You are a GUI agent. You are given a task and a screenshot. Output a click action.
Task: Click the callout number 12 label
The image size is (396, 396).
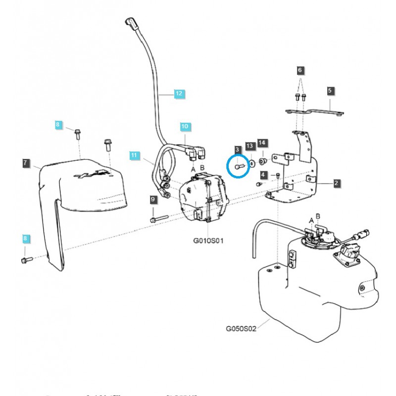[179, 93]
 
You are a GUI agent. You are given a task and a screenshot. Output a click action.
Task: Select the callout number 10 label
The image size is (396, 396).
[184, 127]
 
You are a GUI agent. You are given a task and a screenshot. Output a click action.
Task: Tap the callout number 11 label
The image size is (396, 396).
[133, 156]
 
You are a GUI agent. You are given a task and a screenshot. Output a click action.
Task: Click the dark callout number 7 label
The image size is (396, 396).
[25, 162]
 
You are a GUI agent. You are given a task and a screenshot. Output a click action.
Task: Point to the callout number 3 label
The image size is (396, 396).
[237, 149]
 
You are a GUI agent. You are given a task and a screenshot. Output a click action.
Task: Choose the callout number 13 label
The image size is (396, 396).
[249, 146]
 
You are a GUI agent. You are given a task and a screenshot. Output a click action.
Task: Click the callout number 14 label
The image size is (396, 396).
[262, 143]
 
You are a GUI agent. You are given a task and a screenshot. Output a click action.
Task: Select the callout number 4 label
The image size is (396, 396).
[263, 175]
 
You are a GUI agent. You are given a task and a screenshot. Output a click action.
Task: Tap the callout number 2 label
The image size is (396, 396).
[336, 184]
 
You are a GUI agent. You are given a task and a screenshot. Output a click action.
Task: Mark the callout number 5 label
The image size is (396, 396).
[330, 91]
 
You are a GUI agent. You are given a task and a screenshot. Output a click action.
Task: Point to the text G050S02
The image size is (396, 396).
[241, 329]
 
